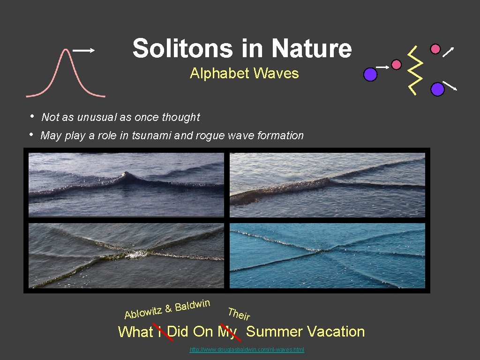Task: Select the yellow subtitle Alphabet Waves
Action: point(244,74)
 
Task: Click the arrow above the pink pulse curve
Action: point(84,51)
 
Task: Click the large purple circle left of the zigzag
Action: point(370,75)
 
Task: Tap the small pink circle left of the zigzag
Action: point(396,65)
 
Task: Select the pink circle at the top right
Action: point(435,49)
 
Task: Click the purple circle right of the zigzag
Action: point(437,89)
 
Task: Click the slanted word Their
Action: point(239,314)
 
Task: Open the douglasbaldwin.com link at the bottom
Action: point(247,350)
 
